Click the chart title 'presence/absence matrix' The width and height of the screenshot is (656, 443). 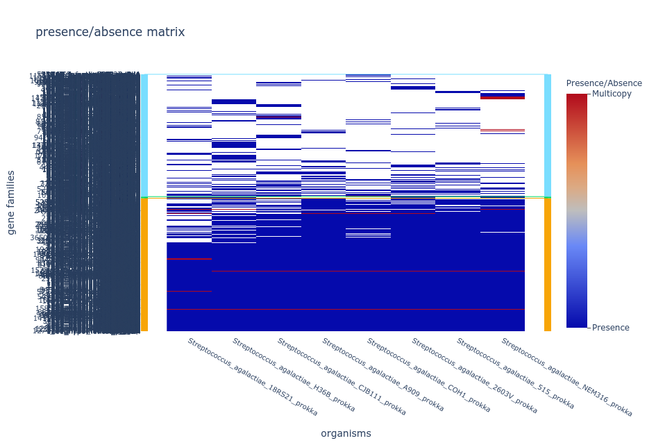click(110, 32)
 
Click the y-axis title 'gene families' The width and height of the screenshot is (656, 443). click(12, 202)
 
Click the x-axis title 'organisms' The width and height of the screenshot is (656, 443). click(346, 433)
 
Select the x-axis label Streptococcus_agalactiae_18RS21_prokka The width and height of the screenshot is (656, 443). click(253, 377)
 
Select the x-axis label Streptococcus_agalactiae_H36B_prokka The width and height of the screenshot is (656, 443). click(294, 375)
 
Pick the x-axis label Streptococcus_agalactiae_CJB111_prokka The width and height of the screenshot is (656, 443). click(342, 376)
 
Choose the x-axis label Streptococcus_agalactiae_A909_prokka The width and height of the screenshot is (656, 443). click(383, 375)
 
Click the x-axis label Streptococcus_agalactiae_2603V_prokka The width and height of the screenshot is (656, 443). click(474, 376)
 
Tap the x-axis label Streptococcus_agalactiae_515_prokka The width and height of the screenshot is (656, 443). click(516, 374)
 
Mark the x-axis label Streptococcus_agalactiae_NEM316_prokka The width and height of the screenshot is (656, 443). click(566, 377)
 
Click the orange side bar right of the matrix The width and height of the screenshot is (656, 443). click(548, 265)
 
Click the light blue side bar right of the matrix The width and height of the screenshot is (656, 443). click(548, 135)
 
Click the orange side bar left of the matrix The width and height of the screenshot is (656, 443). click(144, 265)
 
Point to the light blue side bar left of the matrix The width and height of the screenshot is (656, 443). click(144, 135)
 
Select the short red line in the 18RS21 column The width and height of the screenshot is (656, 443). click(189, 259)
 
